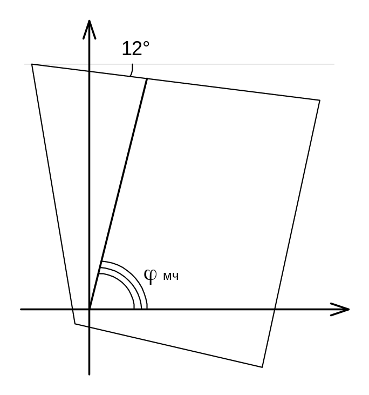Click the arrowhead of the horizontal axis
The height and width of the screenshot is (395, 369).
(343, 309)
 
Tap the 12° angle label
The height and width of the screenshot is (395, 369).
(135, 49)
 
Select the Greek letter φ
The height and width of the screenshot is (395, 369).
(151, 276)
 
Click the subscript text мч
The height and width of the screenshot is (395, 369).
(170, 277)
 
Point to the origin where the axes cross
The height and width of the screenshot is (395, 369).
(90, 309)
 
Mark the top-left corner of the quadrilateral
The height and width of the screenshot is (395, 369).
(32, 64)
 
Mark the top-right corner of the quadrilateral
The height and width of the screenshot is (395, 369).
(320, 100)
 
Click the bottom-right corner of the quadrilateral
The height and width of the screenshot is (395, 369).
(262, 367)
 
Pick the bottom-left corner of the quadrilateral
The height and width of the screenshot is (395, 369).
(75, 324)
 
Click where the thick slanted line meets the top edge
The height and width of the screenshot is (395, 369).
(147, 79)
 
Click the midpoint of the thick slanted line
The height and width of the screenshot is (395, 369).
(118, 194)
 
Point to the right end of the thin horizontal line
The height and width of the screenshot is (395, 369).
(334, 64)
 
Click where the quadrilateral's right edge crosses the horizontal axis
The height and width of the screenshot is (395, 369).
(275, 309)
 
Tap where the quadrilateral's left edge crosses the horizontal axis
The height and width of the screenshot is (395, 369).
(73, 309)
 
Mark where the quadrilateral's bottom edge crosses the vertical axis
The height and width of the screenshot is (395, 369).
(90, 327)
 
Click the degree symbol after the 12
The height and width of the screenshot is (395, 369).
(146, 43)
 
